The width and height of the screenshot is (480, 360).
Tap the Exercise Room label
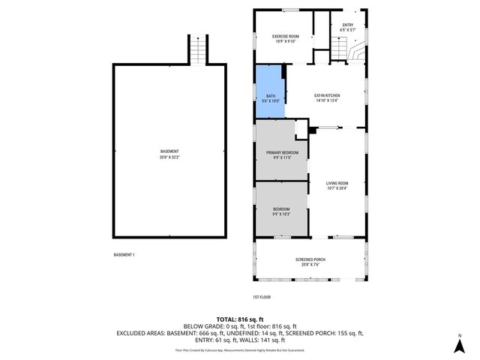click(x=285, y=36)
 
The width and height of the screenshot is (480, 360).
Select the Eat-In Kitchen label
click(x=327, y=95)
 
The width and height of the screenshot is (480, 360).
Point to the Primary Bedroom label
click(x=281, y=152)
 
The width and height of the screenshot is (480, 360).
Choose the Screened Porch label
click(x=309, y=259)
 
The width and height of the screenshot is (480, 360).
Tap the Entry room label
click(x=347, y=25)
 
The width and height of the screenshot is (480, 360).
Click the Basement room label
click(x=169, y=151)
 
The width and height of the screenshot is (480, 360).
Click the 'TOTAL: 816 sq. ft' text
click(x=239, y=319)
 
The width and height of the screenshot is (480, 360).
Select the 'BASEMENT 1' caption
click(x=124, y=255)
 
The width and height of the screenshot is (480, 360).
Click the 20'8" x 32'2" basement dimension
click(x=169, y=157)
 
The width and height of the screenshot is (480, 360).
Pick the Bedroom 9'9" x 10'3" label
click(x=281, y=211)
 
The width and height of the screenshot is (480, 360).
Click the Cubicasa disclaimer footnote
click(x=239, y=349)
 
